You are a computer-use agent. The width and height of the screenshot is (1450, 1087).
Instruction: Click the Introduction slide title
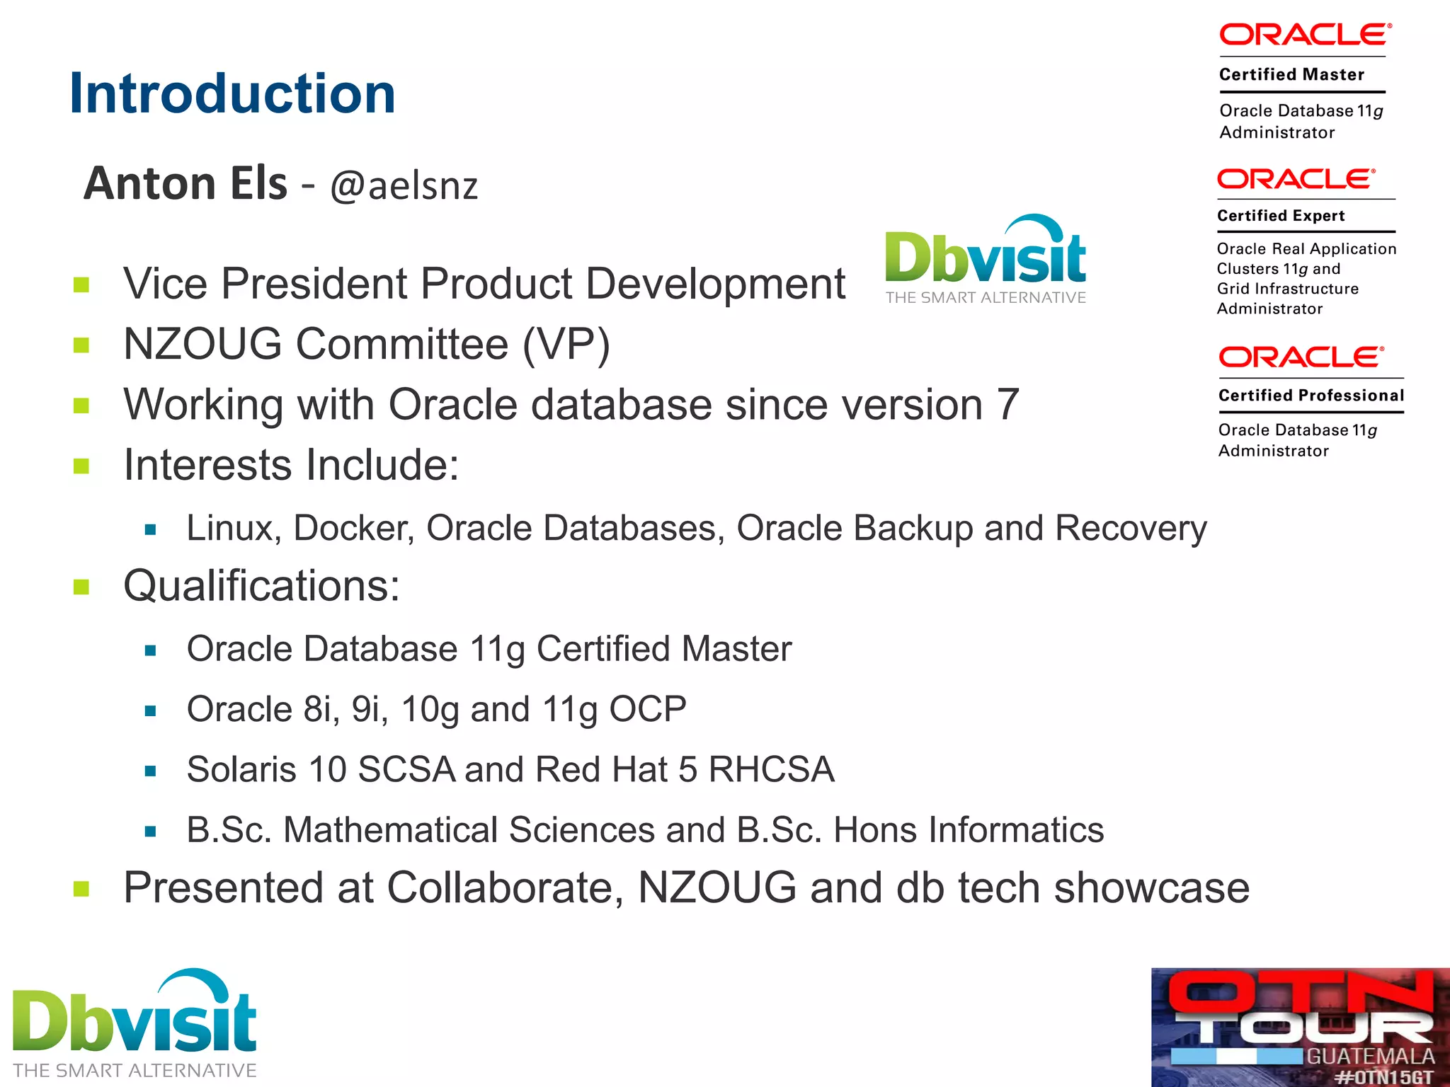[x=232, y=93]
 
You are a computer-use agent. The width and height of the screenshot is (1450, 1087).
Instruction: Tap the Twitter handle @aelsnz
[x=404, y=186]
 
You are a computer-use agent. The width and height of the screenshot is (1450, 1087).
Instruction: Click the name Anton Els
[x=185, y=183]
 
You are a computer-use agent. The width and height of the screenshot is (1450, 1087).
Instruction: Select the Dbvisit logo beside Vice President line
[x=985, y=260]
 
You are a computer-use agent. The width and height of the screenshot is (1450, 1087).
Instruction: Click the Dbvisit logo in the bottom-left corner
[x=135, y=1023]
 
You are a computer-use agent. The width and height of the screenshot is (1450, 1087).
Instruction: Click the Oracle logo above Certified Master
[x=1305, y=35]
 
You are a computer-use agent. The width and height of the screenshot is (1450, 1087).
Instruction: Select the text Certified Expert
[x=1280, y=216]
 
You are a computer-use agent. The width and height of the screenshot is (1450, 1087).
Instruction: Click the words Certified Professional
[x=1311, y=396]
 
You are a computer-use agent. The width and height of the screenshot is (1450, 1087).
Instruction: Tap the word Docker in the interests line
[x=353, y=529]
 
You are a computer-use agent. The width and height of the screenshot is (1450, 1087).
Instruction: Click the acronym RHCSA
[x=771, y=769]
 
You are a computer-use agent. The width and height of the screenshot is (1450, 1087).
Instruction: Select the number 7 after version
[x=1007, y=405]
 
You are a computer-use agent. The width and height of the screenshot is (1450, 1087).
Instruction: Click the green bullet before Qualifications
[x=81, y=587]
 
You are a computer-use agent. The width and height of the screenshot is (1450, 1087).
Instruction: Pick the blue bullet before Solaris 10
[x=150, y=771]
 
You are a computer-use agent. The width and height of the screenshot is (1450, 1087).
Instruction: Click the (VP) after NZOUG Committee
[x=566, y=345]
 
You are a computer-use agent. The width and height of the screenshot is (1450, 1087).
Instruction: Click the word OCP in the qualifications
[x=648, y=709]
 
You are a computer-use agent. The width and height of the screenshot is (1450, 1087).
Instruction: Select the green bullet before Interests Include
[x=81, y=466]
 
